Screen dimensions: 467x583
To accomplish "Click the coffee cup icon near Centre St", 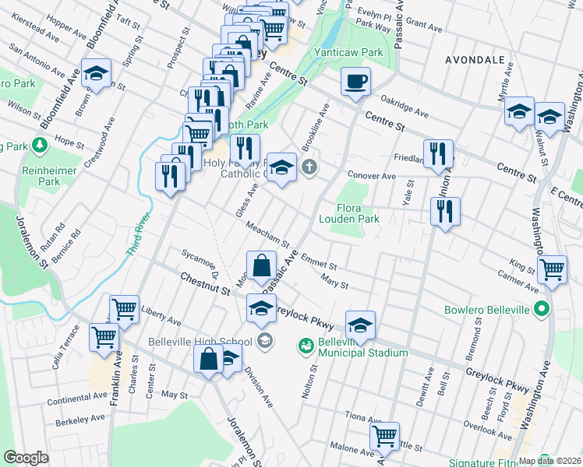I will coord(355,82).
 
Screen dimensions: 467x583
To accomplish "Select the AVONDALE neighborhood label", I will coord(476,59).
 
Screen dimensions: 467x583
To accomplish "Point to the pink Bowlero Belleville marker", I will coord(542,310).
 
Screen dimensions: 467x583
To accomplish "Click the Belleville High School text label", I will coord(199,341).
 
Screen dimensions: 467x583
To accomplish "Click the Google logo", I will coord(26,458).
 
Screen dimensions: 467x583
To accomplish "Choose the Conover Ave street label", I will coord(372,176).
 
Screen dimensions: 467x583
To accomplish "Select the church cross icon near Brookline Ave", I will coord(309,167).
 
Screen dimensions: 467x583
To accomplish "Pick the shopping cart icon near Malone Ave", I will coord(385,437).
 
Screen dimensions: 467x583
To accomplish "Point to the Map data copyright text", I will coord(550,460).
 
